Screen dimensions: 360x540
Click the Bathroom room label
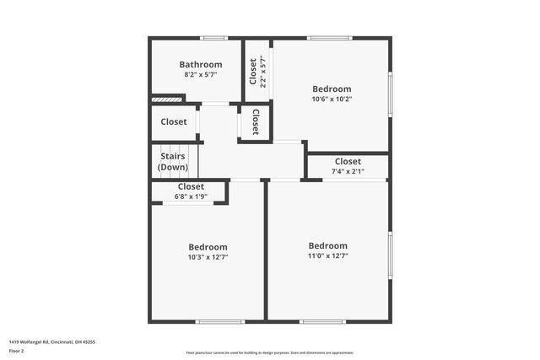coord(201,64)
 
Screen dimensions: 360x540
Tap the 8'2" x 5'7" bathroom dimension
coord(201,75)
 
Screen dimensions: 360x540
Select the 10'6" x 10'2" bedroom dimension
coord(332,99)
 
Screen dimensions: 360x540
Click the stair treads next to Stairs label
coord(192,160)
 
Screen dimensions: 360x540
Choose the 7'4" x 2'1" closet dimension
coord(348,171)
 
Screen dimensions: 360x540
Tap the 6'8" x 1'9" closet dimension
coord(191,196)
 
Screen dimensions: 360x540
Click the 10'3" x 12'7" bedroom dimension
coord(208,257)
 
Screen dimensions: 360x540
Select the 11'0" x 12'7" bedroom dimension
coord(327,256)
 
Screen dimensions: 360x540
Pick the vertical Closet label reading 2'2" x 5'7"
coord(257,72)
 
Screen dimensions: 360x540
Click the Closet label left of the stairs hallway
coord(174,122)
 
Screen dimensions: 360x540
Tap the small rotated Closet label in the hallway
coord(255,123)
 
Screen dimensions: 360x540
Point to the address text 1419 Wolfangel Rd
coord(51,341)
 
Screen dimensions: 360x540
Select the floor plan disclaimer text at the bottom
coord(270,352)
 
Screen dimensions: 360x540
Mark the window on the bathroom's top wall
coord(213,38)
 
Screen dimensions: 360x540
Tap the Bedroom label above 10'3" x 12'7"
coord(208,247)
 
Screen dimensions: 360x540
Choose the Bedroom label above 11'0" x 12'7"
coord(327,246)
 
